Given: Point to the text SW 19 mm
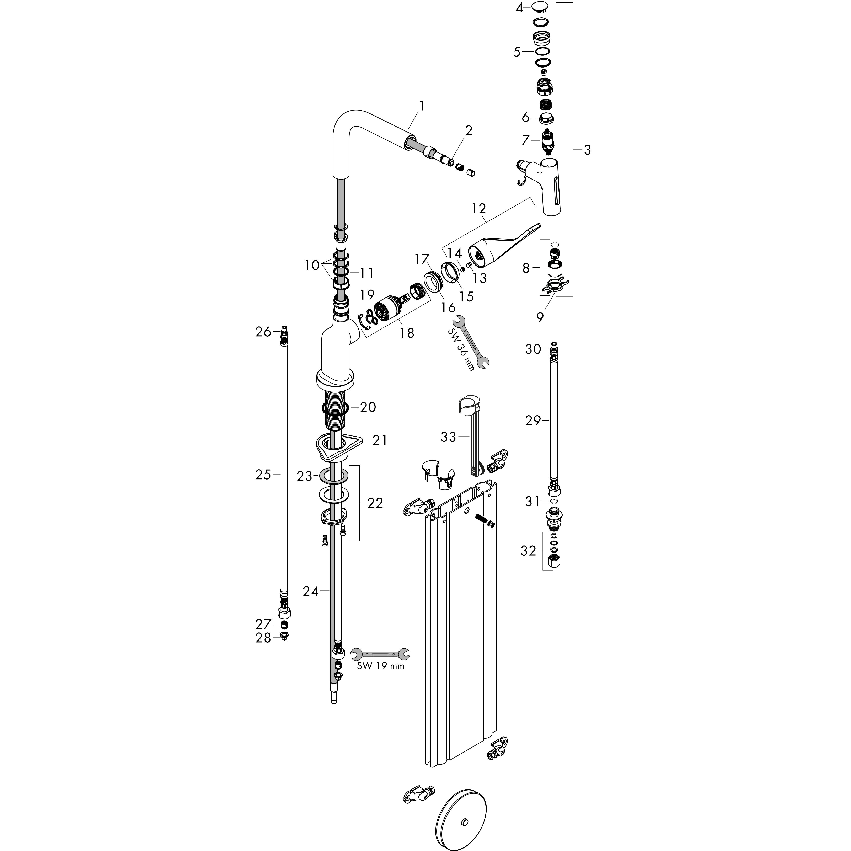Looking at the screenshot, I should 380,678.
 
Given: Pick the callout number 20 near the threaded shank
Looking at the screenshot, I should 368,407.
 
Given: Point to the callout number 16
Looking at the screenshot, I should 448,307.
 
